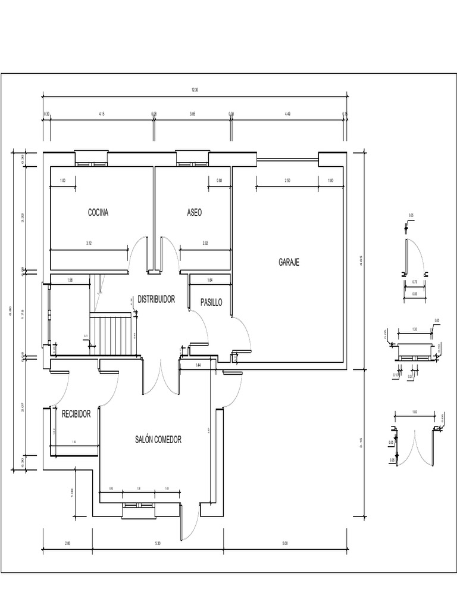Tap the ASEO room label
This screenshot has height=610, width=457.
[194, 213]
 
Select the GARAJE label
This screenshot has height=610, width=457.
[289, 262]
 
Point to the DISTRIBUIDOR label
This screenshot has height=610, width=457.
[156, 299]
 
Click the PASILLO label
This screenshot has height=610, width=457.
[211, 303]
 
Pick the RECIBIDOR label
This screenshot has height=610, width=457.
[76, 414]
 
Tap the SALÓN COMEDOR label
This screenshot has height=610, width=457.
[158, 440]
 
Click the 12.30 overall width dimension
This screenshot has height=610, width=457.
[195, 90]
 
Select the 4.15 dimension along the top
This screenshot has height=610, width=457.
[102, 113]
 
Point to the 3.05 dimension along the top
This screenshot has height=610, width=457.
[192, 113]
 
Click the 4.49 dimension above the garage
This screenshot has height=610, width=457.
[287, 113]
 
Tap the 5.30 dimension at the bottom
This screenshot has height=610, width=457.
[157, 543]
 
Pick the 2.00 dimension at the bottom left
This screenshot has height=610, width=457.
[67, 543]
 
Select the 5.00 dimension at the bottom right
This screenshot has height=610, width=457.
[285, 543]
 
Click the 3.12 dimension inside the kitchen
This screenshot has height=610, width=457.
[89, 243]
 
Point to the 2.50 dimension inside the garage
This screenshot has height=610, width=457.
[287, 180]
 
